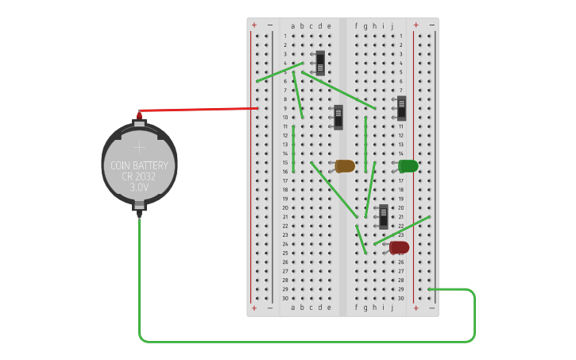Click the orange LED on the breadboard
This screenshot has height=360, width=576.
pyautogui.click(x=345, y=166)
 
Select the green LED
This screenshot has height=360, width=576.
pyautogui.click(x=408, y=166)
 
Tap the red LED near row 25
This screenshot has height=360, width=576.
pyautogui.click(x=400, y=248)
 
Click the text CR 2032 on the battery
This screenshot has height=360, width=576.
pyautogui.click(x=139, y=176)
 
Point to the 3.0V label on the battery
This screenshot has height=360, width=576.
pyautogui.click(x=139, y=188)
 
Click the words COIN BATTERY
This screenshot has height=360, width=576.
pyautogui.click(x=139, y=165)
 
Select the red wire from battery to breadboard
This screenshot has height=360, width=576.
pyautogui.click(x=199, y=109)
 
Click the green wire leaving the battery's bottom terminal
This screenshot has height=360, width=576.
pyautogui.click(x=140, y=278)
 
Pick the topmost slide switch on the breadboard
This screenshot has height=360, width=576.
pyautogui.click(x=320, y=63)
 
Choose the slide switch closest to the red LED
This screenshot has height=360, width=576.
pyautogui.click(x=384, y=216)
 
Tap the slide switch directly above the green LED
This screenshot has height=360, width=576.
pyautogui.click(x=401, y=108)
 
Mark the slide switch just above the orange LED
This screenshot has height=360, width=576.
pyautogui.click(x=338, y=117)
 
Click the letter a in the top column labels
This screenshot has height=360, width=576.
pyautogui.click(x=292, y=25)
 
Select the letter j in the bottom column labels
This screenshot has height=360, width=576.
pyautogui.click(x=392, y=307)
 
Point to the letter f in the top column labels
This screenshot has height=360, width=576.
pyautogui.click(x=356, y=25)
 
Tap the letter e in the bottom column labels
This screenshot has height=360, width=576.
pyautogui.click(x=329, y=307)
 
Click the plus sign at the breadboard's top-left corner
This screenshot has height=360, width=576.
pyautogui.click(x=254, y=25)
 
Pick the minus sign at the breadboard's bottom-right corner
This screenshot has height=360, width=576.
pyautogui.click(x=431, y=308)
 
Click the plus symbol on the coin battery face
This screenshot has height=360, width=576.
pyautogui.click(x=140, y=148)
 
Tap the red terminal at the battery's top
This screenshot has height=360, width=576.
pyautogui.click(x=140, y=113)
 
